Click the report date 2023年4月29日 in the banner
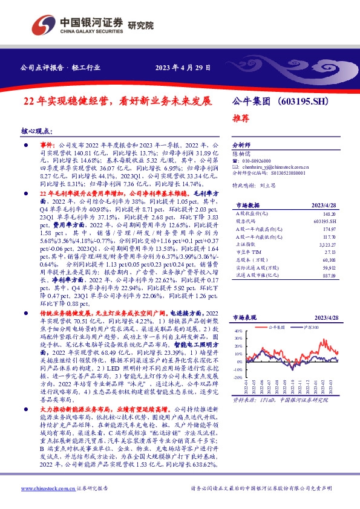coord(183,68)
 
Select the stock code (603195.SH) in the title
coord(297,102)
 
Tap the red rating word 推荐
coord(241,118)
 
